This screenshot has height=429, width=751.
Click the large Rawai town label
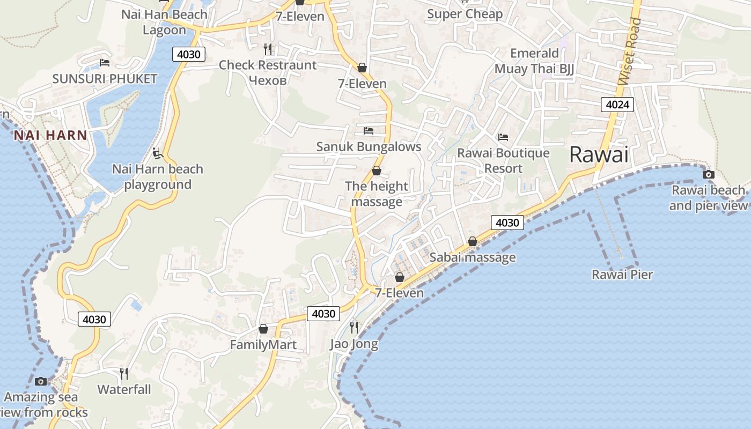[x=598, y=154]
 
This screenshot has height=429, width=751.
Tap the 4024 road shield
[x=617, y=105]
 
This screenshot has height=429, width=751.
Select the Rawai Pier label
[x=622, y=275]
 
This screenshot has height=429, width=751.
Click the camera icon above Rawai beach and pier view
[x=709, y=174]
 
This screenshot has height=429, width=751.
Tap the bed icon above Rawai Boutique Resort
[x=503, y=137]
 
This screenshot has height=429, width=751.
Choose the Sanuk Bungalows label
[x=369, y=146]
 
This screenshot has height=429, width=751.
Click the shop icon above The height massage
[x=377, y=171]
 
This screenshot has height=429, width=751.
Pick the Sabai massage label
[x=473, y=257]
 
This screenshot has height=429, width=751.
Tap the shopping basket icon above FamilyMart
[x=263, y=329]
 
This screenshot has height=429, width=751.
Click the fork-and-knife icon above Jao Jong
[x=354, y=327]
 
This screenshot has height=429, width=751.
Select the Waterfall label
[x=124, y=389]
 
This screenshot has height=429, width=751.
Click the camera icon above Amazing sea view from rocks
[x=41, y=381]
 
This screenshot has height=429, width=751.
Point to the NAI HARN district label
[x=50, y=135]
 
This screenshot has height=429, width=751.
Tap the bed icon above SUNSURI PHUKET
[x=105, y=63]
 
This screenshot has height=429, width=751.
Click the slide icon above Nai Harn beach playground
[x=157, y=154]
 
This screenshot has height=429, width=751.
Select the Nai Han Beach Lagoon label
[x=164, y=22]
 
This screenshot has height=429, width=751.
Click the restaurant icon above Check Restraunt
[x=268, y=49]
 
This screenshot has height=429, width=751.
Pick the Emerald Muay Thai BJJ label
[x=534, y=61]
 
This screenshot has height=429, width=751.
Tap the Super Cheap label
[x=465, y=14]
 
